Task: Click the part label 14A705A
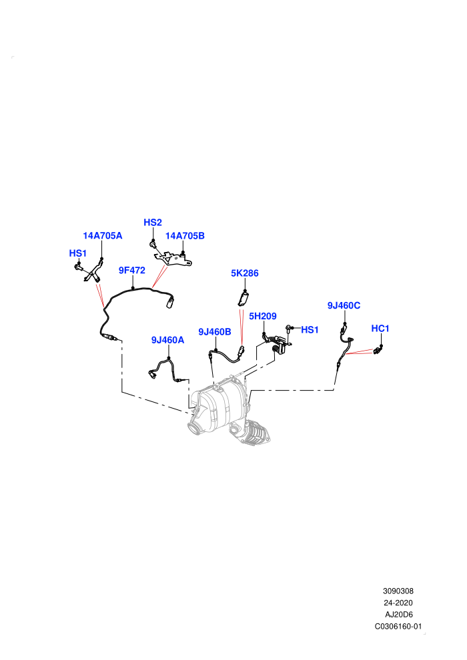point(102,236)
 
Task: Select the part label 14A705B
point(185,236)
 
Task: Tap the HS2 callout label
point(152,222)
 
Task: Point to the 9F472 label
point(132,270)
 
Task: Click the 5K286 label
point(245,273)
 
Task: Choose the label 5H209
point(263,316)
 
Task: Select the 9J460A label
point(168,340)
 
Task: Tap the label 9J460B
point(215,332)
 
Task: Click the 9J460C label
point(344,305)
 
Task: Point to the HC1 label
point(380,328)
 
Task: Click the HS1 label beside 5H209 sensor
point(310,330)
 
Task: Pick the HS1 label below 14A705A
point(78,253)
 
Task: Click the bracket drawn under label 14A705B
point(173,259)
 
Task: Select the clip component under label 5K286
point(244,299)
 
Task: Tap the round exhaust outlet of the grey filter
point(195,430)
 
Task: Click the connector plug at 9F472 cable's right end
point(170,302)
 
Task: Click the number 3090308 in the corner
point(398,591)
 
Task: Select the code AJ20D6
point(399,615)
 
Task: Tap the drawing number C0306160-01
point(398,626)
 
